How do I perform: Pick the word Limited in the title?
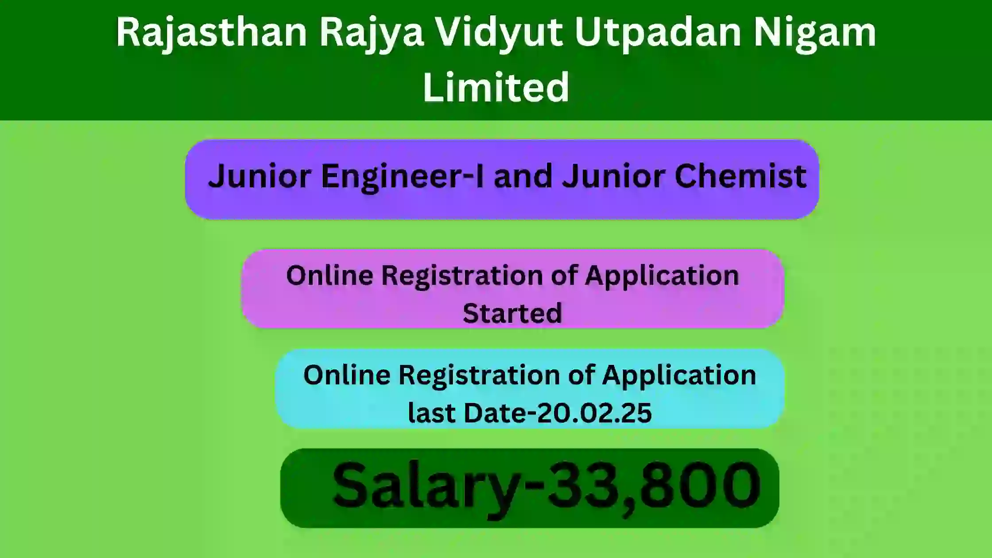(496, 87)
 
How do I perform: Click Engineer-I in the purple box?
(402, 177)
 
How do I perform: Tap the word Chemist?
(740, 176)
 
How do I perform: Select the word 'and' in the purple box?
(523, 176)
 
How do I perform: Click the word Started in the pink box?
(512, 313)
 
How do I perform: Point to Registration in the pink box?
(462, 276)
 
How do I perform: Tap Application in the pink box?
(662, 276)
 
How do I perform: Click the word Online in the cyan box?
(347, 375)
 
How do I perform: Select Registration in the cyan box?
(480, 376)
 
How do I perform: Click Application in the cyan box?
(679, 376)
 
